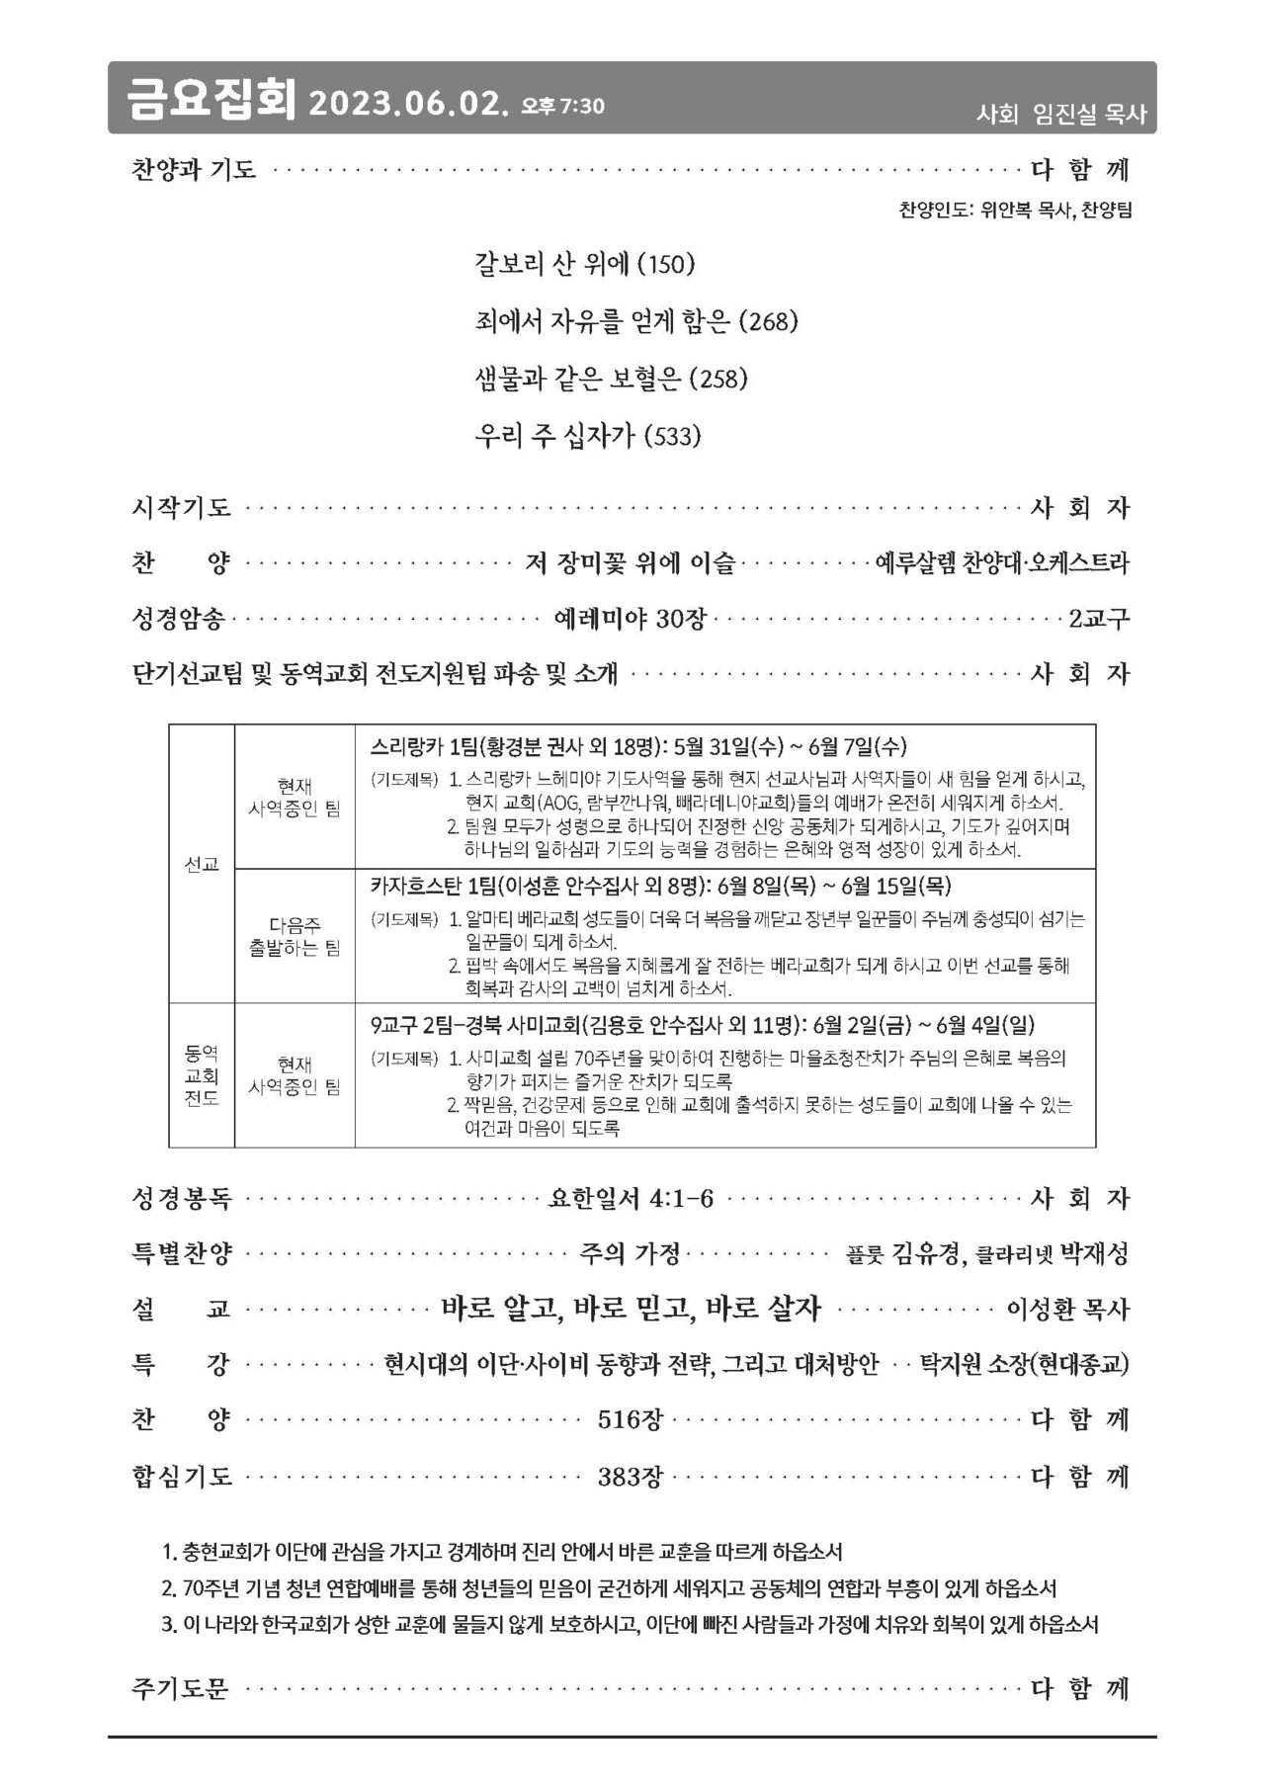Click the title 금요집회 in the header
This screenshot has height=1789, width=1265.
210,99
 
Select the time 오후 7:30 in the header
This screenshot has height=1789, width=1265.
562,105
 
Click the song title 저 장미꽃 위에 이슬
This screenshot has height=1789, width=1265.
630,563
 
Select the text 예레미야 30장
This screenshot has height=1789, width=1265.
630,620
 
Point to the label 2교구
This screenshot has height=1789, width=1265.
1098,620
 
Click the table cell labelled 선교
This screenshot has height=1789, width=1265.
202,864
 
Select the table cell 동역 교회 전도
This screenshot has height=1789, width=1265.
202,1074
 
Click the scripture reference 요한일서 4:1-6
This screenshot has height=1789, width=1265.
631,1199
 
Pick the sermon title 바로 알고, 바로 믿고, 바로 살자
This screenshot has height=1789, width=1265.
631,1309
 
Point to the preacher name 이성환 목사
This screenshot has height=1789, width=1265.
1066,1310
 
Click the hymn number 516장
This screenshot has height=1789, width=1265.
630,1420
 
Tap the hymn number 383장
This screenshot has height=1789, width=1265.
630,1478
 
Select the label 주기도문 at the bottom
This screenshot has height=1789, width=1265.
180,1688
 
